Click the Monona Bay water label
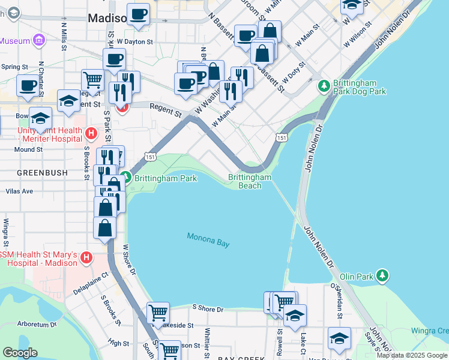(x=208, y=239)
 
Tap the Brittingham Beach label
(x=250, y=181)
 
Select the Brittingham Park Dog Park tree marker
(x=324, y=87)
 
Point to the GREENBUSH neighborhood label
(x=37, y=172)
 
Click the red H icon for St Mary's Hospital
(x=86, y=258)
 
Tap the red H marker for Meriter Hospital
(x=91, y=133)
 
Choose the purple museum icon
(x=39, y=41)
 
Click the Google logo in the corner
(x=19, y=353)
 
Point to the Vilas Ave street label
(x=19, y=191)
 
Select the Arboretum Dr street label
(x=37, y=325)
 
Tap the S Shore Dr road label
(x=208, y=309)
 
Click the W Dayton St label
(x=136, y=42)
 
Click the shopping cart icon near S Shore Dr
(x=158, y=312)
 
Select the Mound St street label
(x=28, y=149)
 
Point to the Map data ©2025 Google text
(x=412, y=355)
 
